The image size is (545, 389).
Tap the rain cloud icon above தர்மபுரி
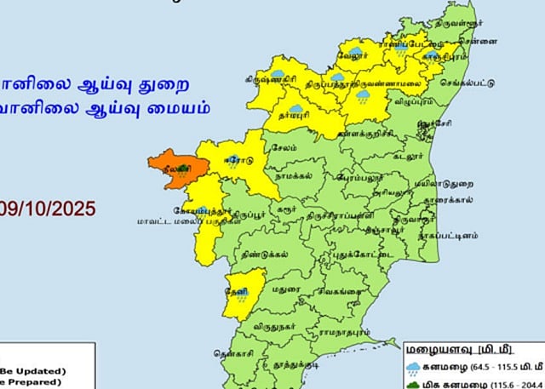coord(295,99)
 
